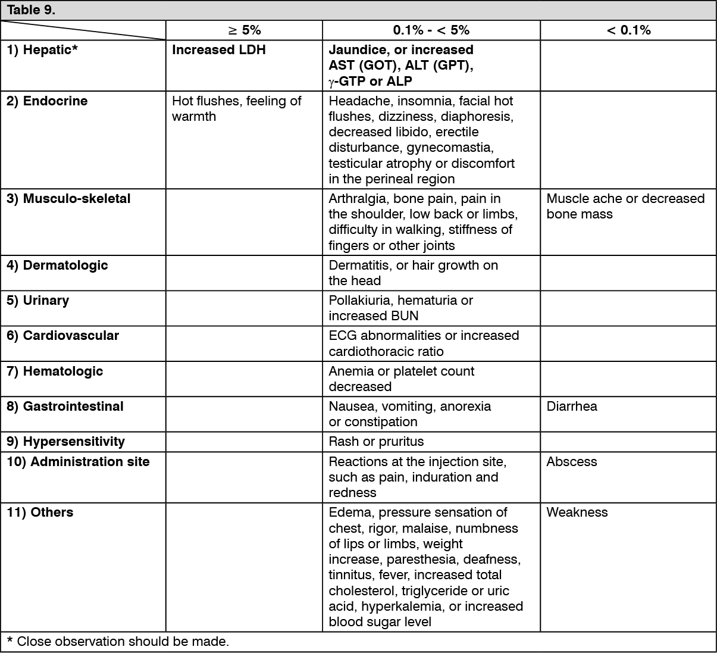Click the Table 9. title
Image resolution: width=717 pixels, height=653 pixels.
[31, 10]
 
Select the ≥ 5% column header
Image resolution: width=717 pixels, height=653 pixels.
[244, 30]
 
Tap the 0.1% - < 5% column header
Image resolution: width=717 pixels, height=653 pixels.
[431, 30]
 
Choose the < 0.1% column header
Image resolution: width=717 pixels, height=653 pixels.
[628, 30]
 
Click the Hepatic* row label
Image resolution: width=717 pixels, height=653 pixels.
[42, 50]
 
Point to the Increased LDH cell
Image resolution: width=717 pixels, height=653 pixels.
[218, 50]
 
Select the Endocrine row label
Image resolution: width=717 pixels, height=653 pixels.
[47, 101]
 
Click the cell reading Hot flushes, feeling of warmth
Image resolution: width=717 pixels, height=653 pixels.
[236, 109]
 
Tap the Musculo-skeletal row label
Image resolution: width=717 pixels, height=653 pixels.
[68, 199]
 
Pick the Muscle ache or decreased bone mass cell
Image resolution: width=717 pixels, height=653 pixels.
[625, 207]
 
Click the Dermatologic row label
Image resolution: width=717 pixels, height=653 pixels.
[57, 265]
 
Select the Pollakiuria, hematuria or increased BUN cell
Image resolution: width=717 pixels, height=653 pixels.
[400, 308]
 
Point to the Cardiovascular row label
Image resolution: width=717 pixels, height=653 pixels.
[62, 336]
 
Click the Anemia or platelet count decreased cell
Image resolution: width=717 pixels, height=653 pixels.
[401, 379]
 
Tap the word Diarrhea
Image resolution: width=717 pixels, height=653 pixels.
[571, 407]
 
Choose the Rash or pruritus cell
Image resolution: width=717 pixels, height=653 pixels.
[376, 442]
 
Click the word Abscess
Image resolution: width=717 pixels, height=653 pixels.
[571, 462]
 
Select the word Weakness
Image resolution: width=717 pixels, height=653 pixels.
[577, 513]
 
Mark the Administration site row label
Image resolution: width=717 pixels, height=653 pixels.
[78, 462]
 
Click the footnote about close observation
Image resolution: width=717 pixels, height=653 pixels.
[118, 642]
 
